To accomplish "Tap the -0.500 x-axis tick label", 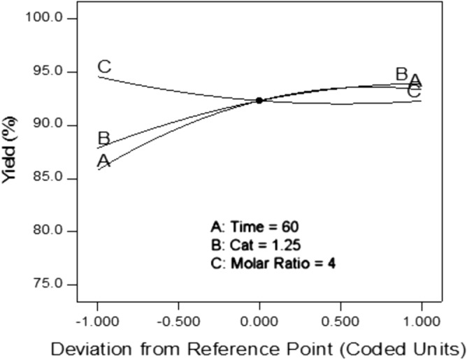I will pyautogui.click(x=177, y=315).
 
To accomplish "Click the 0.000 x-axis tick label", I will pyautogui.click(x=260, y=315).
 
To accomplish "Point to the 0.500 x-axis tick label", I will pyautogui.click(x=340, y=315).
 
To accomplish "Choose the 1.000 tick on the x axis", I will pyautogui.click(x=422, y=315).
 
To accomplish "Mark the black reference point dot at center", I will pyautogui.click(x=259, y=101).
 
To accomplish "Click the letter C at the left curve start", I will pyautogui.click(x=103, y=67).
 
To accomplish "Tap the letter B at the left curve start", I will pyautogui.click(x=103, y=138).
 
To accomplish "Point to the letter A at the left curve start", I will pyautogui.click(x=103, y=161).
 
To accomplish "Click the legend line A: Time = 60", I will pyautogui.click(x=256, y=228).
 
